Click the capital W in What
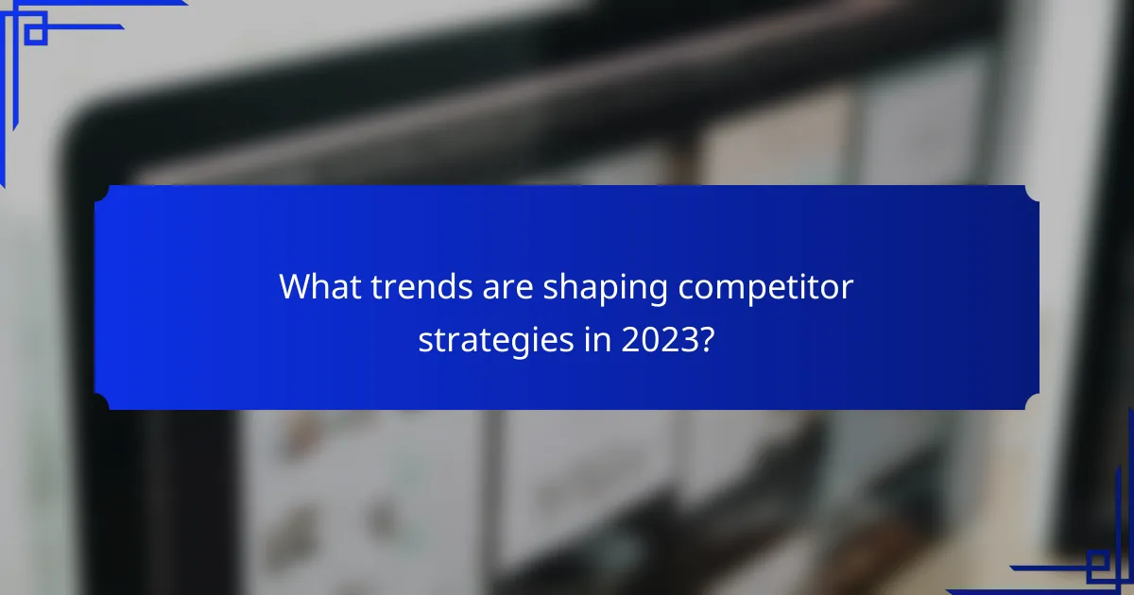click(295, 287)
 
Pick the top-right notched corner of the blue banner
click(1032, 193)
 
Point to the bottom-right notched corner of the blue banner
click(1032, 402)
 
